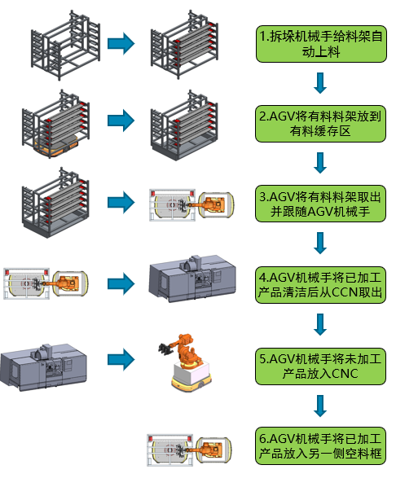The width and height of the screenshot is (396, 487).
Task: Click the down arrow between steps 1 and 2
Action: tap(320, 83)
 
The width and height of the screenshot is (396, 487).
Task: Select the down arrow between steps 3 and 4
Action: tap(320, 243)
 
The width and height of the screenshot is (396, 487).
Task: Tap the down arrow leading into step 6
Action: tap(320, 406)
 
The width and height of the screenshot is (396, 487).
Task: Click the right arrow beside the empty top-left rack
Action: tap(121, 44)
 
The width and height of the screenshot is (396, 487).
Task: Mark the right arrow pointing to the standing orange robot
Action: tap(121, 358)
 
